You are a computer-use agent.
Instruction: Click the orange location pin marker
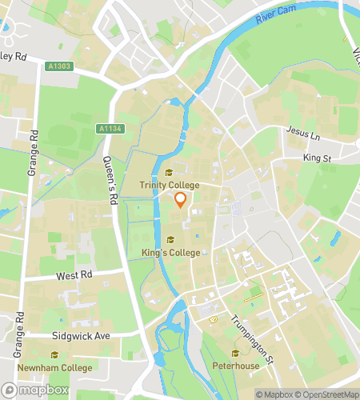(181, 200)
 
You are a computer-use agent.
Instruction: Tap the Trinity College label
(169, 186)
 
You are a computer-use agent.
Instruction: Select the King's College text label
(170, 253)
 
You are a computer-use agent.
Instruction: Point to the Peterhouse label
(234, 366)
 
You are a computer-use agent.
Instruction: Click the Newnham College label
(54, 367)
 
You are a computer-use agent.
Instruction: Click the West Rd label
(75, 274)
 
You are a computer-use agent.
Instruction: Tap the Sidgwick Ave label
(80, 336)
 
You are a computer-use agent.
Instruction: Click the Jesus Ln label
(302, 137)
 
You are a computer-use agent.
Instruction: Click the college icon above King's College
(170, 240)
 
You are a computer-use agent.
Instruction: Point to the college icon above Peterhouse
(234, 354)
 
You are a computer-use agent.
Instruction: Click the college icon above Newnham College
(54, 355)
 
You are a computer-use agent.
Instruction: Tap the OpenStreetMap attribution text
(326, 394)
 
